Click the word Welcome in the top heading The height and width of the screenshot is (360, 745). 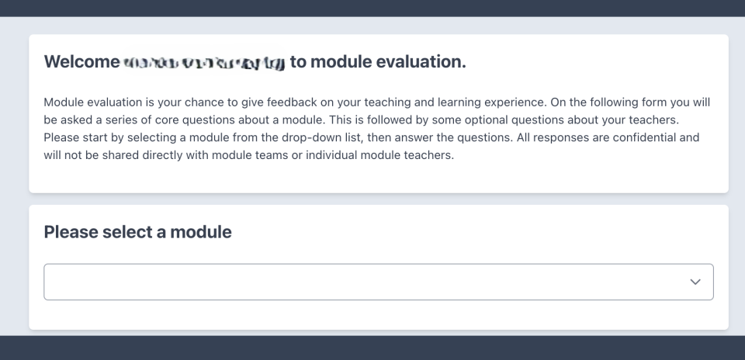[x=81, y=62]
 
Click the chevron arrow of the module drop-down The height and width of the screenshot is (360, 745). [x=695, y=282]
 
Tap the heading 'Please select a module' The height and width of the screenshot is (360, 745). [x=137, y=231]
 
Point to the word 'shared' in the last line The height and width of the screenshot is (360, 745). [x=117, y=154]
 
